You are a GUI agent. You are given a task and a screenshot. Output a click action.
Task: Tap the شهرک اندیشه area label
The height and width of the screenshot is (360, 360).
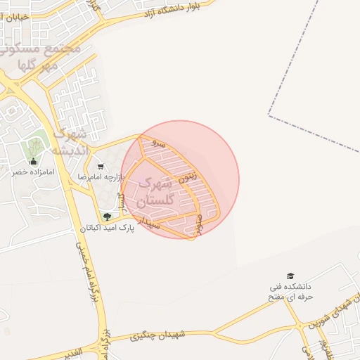coord(70,141)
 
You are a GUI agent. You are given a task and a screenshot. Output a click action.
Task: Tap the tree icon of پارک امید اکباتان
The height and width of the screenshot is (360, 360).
coord(107,217)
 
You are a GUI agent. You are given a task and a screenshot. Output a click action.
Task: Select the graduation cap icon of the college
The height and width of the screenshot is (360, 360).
coord(291,276)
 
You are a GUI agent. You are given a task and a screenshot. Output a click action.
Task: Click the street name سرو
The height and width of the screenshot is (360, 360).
coord(161,143)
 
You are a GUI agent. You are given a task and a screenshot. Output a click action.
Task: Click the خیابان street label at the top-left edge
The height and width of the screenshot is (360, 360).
coord(13,15)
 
